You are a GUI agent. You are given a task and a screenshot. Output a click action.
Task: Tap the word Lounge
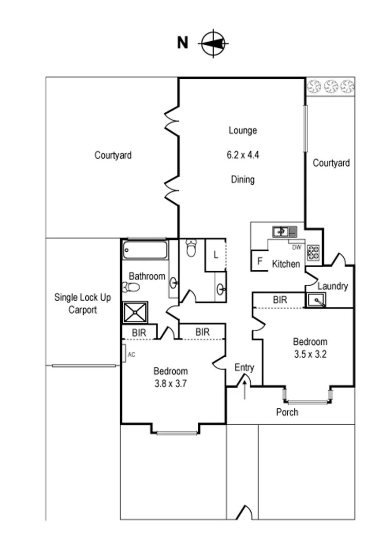pos(242,131)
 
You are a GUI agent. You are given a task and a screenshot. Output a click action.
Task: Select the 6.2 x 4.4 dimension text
pos(242,155)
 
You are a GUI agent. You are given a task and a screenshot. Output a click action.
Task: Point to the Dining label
pos(242,180)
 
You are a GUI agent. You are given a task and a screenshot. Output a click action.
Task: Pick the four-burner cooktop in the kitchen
pos(313,252)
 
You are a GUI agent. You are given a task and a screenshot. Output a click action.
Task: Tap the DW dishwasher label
pos(296,247)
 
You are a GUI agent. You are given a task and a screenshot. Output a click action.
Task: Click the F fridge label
pos(260,261)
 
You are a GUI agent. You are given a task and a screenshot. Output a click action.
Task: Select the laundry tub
pos(315,300)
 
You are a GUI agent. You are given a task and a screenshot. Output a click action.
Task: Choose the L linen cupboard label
pos(215,255)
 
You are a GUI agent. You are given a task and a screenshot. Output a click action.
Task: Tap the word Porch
pos(287,412)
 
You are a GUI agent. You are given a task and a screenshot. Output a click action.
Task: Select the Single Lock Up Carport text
pos(83,304)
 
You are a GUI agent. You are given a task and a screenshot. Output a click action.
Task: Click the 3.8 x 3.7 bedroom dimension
pos(171,383)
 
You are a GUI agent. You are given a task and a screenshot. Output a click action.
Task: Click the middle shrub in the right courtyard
pos(330,85)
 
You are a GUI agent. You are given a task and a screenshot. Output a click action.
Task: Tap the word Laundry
pos(333,286)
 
